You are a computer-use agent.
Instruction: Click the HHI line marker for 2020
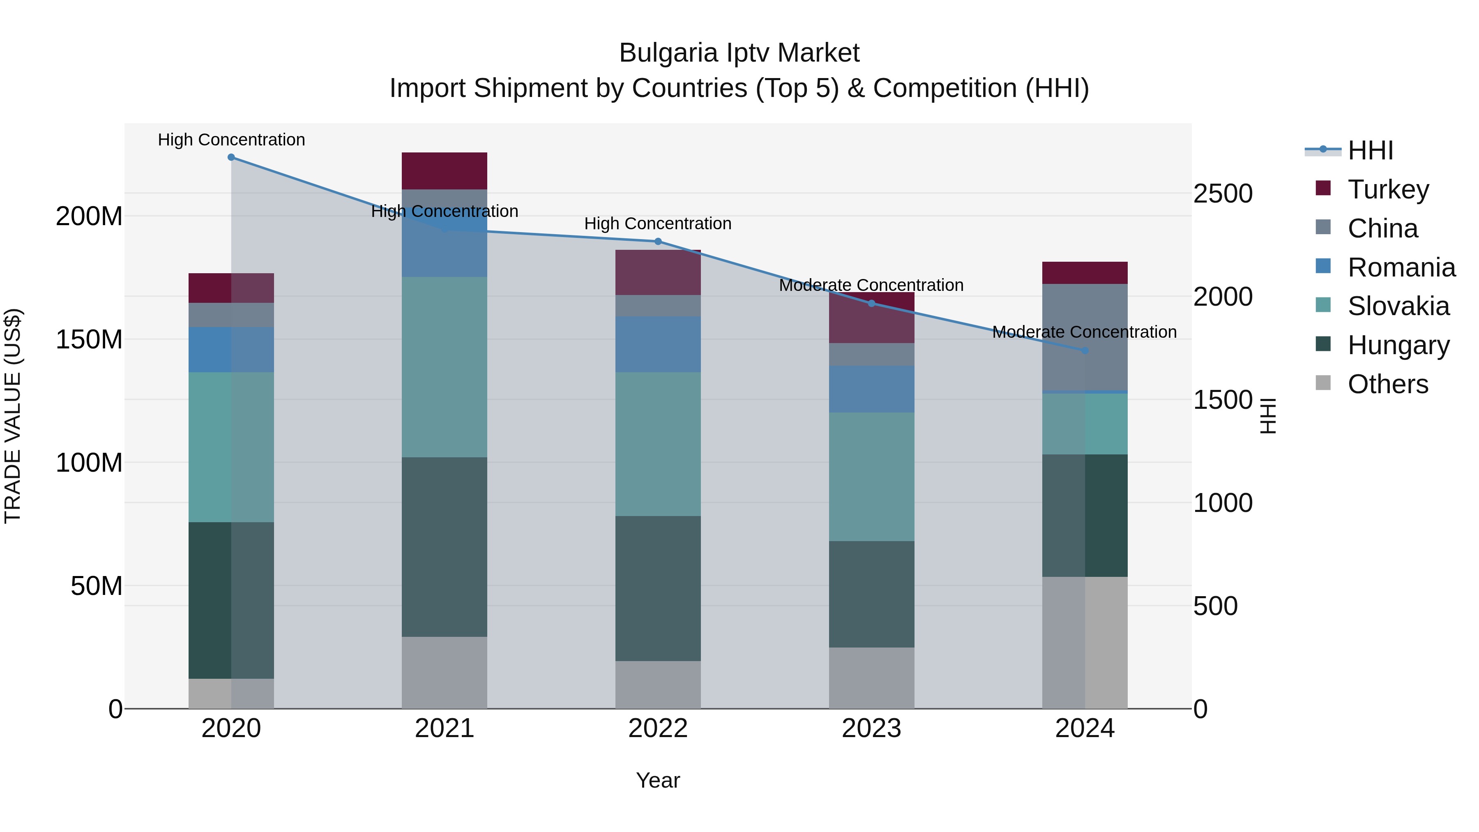(x=231, y=157)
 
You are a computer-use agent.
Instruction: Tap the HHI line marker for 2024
(x=1085, y=350)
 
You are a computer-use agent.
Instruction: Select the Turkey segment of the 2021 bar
(x=445, y=171)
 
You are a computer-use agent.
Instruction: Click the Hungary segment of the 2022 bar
(x=658, y=588)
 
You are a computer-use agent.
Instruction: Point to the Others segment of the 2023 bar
(x=871, y=678)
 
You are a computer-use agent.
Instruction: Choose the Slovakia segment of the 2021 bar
(x=445, y=367)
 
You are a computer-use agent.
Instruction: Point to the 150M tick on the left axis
(x=89, y=339)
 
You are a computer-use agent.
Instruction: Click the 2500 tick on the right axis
(x=1223, y=194)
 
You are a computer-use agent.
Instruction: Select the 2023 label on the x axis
(x=871, y=728)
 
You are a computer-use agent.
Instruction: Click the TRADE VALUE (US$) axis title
(x=13, y=416)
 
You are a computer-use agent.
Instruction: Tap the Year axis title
(x=658, y=780)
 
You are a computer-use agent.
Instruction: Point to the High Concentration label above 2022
(x=658, y=224)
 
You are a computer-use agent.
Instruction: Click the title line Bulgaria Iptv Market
(x=739, y=53)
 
